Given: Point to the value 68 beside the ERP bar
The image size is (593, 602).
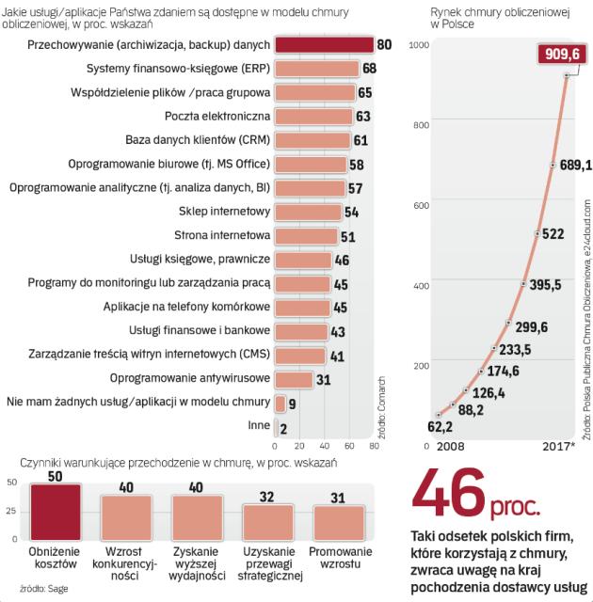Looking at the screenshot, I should point(369,69).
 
